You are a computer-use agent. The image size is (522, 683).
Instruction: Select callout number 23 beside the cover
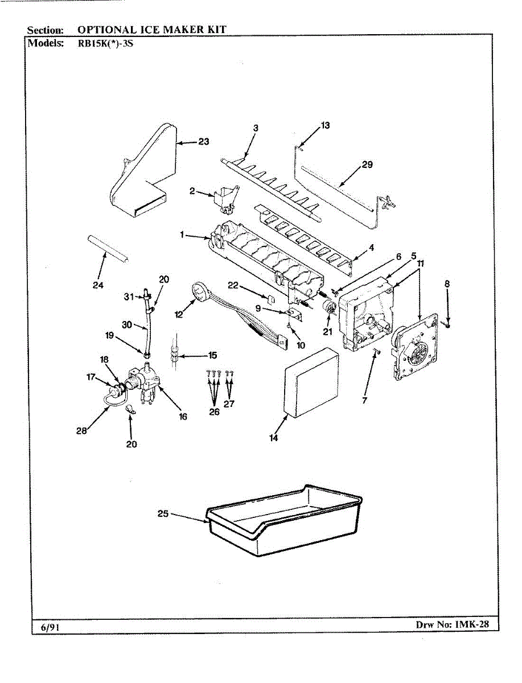pyautogui.click(x=204, y=142)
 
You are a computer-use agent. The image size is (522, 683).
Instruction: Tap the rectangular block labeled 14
pyautogui.click(x=312, y=383)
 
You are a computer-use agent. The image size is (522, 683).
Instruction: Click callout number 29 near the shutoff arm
pyautogui.click(x=367, y=165)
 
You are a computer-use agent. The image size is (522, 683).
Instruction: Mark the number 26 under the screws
pyautogui.click(x=214, y=412)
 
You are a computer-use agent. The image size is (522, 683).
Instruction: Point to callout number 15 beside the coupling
pyautogui.click(x=212, y=355)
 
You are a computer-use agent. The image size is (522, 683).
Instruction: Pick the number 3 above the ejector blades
pyautogui.click(x=256, y=129)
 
